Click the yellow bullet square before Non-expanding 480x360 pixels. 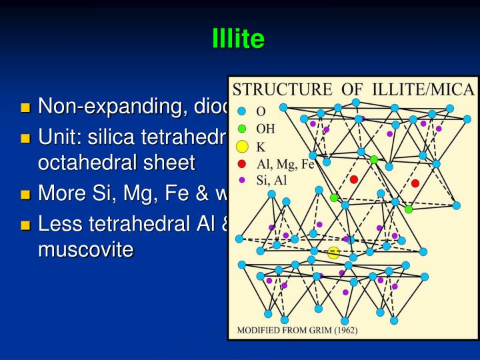pyautogui.click(x=26, y=107)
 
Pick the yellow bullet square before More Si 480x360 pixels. pyautogui.click(x=26, y=195)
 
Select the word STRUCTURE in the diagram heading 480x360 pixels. pyautogui.click(x=280, y=89)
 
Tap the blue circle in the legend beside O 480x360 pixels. pyautogui.click(x=242, y=111)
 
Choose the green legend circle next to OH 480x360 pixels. pyautogui.click(x=242, y=128)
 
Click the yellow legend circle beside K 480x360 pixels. pyautogui.click(x=242, y=146)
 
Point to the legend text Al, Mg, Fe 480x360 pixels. pyautogui.click(x=285, y=164)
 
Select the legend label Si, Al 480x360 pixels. pyautogui.click(x=273, y=179)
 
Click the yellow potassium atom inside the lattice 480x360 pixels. pyautogui.click(x=333, y=252)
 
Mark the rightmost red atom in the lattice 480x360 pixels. pyautogui.click(x=415, y=183)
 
